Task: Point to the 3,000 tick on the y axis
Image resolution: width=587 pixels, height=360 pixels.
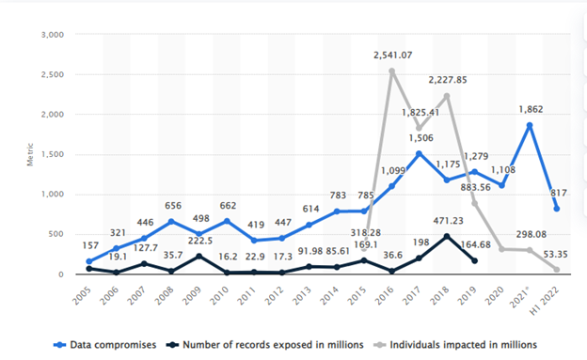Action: (x=50, y=35)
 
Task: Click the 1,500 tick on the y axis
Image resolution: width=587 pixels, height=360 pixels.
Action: (x=50, y=154)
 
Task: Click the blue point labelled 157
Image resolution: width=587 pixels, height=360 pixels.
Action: (x=89, y=261)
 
